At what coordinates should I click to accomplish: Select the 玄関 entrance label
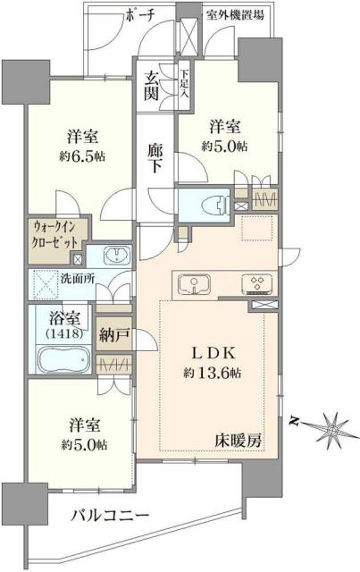(151, 86)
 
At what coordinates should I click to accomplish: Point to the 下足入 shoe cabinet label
(183, 84)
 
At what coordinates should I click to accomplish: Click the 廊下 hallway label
(155, 157)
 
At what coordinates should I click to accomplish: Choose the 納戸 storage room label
(113, 337)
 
